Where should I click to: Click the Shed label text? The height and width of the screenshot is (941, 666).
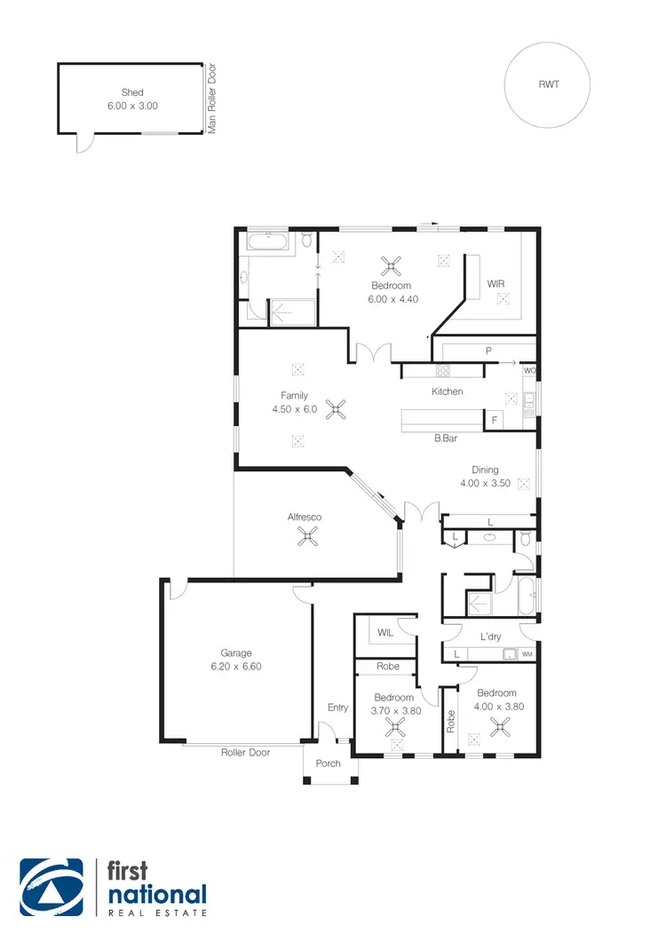132,92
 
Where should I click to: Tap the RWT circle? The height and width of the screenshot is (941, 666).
549,85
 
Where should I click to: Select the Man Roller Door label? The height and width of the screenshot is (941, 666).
212,99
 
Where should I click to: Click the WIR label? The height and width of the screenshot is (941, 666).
496,284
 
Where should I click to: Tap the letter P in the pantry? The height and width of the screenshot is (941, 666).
488,352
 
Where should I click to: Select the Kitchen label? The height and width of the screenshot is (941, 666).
447,391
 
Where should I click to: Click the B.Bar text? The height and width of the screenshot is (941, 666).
445,439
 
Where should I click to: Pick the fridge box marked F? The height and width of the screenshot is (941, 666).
494,419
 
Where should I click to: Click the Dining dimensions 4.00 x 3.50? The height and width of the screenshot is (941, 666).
485,484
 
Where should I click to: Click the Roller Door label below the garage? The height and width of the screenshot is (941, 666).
245,752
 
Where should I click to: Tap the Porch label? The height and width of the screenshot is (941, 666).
329,763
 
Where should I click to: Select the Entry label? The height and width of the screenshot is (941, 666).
337,708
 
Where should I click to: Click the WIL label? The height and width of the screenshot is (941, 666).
385,633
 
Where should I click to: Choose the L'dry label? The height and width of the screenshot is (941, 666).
491,637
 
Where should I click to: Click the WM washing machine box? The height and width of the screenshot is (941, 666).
527,655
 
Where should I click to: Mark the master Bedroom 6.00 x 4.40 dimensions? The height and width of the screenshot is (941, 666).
391,299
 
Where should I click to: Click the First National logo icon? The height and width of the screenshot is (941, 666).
52,888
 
